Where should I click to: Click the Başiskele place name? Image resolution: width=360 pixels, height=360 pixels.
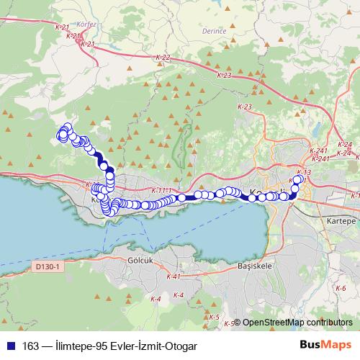[x=252, y=265]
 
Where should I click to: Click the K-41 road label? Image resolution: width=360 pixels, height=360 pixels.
[x=172, y=276]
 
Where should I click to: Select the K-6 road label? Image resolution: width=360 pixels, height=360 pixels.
[x=341, y=287]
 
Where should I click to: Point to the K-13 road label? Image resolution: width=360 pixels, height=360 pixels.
[x=303, y=173]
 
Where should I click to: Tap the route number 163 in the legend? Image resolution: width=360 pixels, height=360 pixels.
[x=32, y=346]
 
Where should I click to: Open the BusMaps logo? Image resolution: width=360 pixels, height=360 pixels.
[x=325, y=345]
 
